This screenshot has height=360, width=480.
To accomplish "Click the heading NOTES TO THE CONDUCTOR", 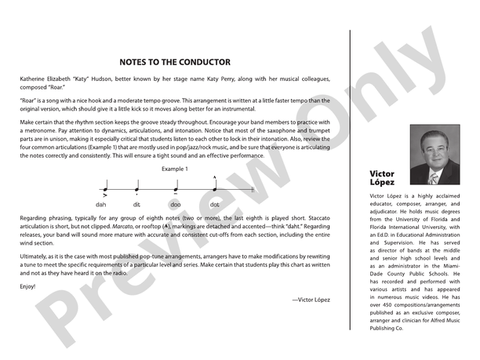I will coord(175,62).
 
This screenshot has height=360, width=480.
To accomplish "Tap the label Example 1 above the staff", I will coord(175,169).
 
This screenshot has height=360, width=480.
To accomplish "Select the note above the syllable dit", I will coord(136,189).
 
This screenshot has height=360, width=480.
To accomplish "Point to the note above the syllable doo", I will coord(175,189).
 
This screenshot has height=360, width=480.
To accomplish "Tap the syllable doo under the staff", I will coord(175,204).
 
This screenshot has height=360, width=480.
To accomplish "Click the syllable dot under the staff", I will coord(215,204).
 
